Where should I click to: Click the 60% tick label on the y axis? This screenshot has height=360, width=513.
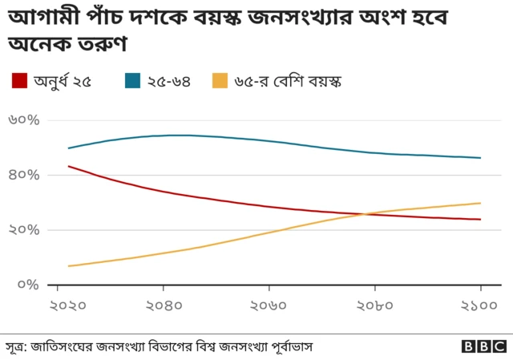23,120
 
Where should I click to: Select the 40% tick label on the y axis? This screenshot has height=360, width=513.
23,175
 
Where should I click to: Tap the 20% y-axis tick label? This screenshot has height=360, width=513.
23,230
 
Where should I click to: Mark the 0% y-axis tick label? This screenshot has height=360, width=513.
28,285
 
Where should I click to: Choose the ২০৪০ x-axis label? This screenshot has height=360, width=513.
164,305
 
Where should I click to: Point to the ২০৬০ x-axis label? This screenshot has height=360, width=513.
269,305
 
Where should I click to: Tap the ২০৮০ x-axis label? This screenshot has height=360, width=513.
374,305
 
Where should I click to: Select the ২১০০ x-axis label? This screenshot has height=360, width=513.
479,305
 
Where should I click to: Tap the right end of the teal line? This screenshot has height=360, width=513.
480,158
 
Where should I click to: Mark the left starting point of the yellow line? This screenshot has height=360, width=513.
69,265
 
